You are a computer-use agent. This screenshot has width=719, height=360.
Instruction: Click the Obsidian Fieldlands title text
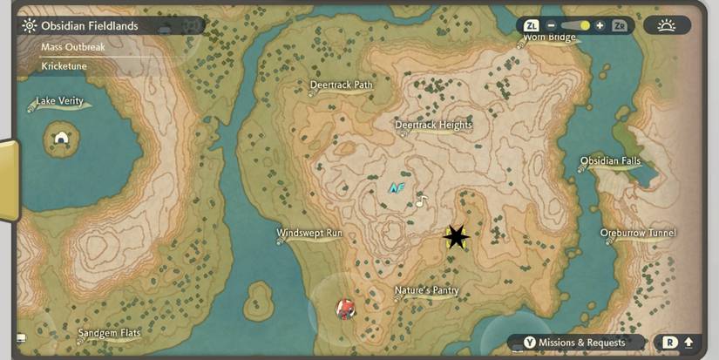(x=90, y=26)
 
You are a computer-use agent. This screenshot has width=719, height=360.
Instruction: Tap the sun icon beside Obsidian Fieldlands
(x=29, y=26)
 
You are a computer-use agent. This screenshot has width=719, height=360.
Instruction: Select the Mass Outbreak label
(x=73, y=47)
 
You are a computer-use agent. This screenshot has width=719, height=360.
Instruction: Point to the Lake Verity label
(x=59, y=101)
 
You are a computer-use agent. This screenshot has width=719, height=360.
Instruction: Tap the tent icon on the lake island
(x=61, y=138)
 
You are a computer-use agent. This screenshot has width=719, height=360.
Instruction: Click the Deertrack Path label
(x=341, y=85)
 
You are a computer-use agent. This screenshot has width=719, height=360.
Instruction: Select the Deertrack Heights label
(x=433, y=126)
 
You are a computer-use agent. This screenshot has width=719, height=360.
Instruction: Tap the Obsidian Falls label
(x=610, y=161)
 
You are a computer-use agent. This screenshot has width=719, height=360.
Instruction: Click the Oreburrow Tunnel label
(x=638, y=234)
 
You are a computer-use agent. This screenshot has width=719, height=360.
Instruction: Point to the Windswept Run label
(x=309, y=234)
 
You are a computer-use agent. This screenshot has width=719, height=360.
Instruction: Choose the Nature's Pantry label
(x=426, y=291)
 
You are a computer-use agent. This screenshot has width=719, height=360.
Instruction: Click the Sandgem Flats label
(x=109, y=334)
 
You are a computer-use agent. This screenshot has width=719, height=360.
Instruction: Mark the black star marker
(x=456, y=236)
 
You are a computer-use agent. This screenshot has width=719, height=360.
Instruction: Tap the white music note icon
(x=422, y=201)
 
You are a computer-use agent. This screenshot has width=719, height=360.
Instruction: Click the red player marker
(x=346, y=308)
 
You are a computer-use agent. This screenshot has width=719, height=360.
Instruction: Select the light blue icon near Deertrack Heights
(x=397, y=187)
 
